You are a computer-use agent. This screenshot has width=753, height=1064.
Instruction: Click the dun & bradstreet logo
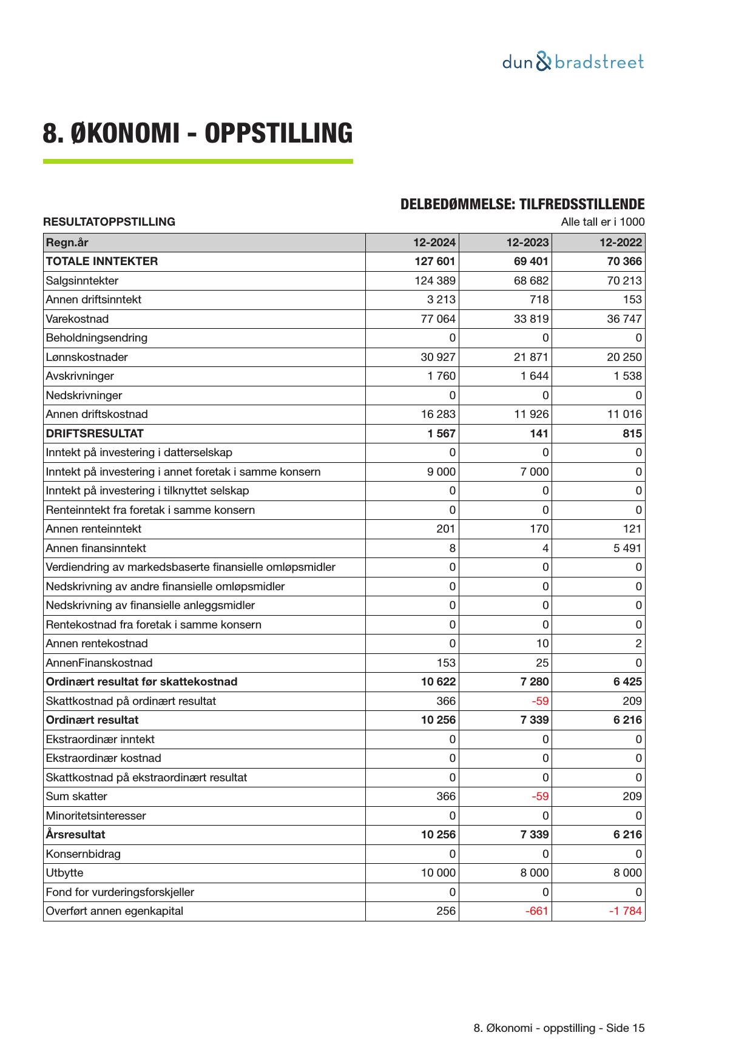pos(573,62)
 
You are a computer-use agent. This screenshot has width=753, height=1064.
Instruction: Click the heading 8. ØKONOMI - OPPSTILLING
pos(197,133)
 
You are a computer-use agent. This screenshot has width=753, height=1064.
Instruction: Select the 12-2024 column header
pos(434,243)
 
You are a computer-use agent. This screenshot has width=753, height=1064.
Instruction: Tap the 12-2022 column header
pos(620,243)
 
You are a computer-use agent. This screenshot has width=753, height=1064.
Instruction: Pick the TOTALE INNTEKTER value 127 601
pos(435,261)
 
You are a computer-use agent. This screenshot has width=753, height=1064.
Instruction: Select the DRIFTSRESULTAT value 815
pos(632,434)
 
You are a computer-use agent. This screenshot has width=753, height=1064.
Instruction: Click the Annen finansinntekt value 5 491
pos(627,548)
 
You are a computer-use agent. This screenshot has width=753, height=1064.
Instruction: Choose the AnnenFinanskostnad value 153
pos(446,663)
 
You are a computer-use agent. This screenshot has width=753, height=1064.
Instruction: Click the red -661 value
pos(537,911)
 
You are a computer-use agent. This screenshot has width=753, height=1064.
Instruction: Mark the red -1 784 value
pos(625,911)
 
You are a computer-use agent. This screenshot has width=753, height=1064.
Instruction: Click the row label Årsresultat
pos(75,835)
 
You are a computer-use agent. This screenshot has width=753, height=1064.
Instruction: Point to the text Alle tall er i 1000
pos(603,222)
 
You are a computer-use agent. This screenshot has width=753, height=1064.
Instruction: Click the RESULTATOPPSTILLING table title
pos(109,222)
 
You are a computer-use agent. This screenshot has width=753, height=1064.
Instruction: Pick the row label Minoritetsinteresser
pos(96,816)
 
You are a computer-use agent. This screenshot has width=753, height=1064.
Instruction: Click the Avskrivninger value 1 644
pos(534,376)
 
